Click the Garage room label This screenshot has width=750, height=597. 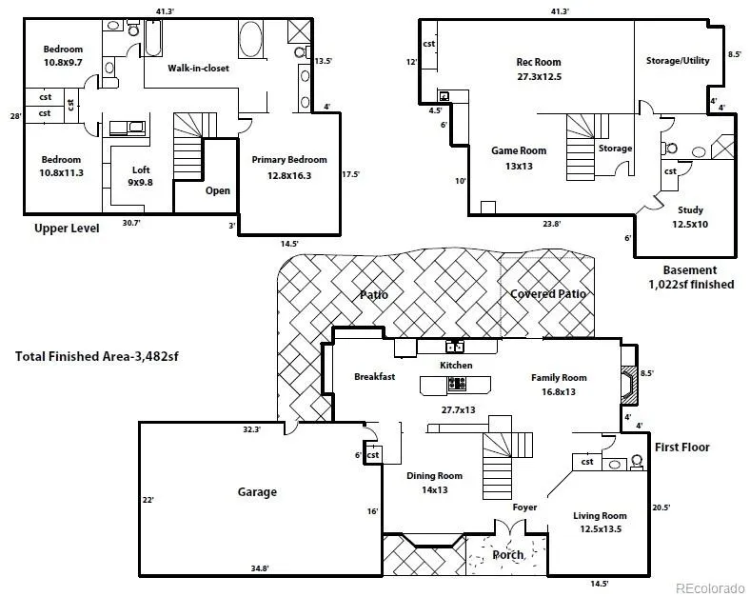point(257,491)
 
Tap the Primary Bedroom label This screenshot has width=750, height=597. point(289,160)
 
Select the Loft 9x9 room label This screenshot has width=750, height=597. point(140,175)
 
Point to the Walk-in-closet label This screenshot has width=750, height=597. point(198,68)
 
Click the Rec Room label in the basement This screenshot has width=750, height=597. point(539,62)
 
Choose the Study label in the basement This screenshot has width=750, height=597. point(690,210)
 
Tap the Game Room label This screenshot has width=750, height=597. point(519,150)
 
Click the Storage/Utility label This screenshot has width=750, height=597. point(678,61)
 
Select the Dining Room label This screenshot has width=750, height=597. point(434,475)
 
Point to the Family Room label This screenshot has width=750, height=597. point(559,377)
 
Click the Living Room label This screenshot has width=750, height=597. point(600,516)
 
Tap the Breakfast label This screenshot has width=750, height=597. point(374,376)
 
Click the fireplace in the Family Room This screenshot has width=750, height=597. point(629,385)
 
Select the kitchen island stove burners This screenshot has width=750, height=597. point(457,383)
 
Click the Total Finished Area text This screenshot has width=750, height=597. point(97,356)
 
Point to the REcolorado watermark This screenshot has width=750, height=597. point(710,587)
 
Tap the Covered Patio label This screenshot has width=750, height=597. point(548,293)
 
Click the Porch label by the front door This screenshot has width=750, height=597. point(508,555)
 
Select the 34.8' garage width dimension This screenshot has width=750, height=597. point(260,568)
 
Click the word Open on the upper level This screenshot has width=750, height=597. point(218,190)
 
